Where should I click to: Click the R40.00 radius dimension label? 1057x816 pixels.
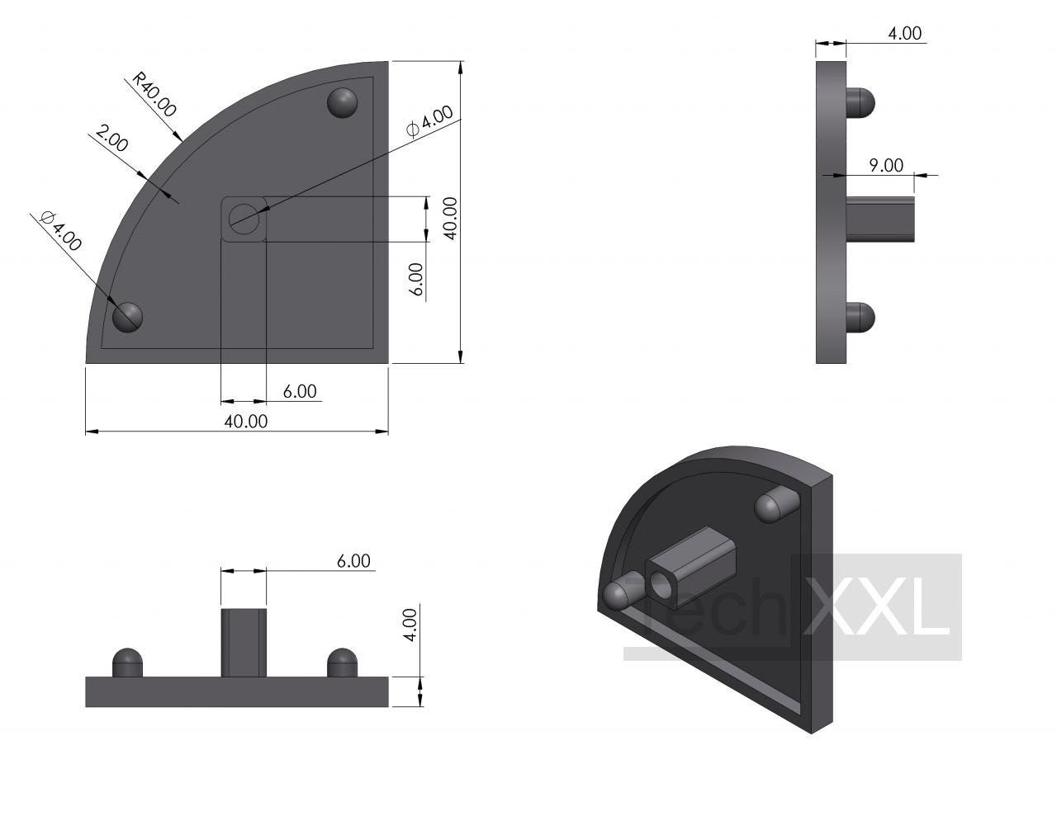(x=154, y=95)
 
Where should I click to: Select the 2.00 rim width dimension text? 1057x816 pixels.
(x=111, y=139)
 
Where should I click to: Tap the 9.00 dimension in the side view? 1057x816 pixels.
(x=886, y=166)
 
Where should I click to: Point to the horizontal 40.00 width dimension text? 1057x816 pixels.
(x=245, y=422)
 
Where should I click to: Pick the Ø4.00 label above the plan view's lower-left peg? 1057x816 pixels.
(x=61, y=231)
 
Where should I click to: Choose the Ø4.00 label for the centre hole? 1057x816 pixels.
(x=429, y=121)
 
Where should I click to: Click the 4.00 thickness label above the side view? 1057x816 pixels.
(x=905, y=33)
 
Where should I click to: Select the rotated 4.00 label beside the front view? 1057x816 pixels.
(x=410, y=625)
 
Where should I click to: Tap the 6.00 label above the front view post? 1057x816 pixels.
(x=353, y=561)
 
